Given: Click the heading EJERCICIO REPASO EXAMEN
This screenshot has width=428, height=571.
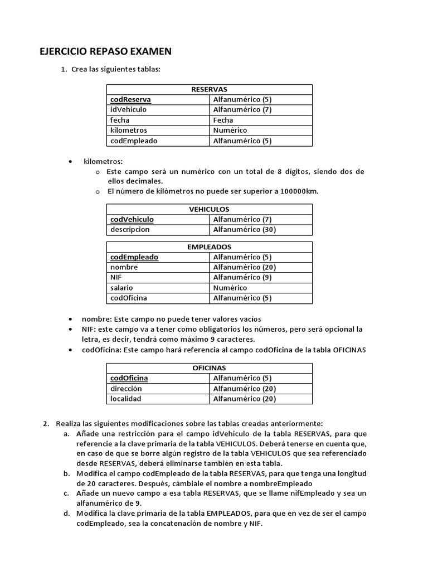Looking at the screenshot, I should point(105,52).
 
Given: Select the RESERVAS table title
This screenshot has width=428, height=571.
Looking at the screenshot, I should point(209,89).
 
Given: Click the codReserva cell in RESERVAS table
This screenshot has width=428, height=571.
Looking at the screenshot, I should point(130,100).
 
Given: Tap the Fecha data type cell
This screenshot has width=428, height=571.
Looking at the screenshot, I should point(223,120).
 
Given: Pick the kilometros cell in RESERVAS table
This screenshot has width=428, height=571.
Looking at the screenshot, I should point(129,130).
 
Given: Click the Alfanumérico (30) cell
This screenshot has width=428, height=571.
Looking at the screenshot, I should point(245,229).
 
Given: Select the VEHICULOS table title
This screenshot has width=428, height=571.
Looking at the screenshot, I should point(209,209).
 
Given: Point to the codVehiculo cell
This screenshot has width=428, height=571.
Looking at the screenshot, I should point(132,219).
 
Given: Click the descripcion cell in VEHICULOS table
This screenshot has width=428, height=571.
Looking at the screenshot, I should point(130,229).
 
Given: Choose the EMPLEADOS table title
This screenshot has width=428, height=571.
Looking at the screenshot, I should point(209,247).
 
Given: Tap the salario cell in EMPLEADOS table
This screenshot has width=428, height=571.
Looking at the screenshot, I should point(121,288).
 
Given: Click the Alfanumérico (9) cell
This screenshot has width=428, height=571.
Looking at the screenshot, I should point(242,277).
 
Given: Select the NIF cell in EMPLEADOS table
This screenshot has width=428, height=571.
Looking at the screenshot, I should point(116,277).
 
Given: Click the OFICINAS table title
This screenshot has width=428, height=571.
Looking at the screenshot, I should point(209,368).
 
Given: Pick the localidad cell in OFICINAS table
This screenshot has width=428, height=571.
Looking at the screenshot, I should point(125,399).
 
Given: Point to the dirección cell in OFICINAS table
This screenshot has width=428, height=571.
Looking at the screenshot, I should point(126,389).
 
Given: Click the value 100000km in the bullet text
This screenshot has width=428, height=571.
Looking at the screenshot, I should point(299,191).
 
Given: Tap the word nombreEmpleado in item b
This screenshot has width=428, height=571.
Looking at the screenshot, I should point(281,483).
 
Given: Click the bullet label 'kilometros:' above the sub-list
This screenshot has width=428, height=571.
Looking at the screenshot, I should point(103,161).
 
